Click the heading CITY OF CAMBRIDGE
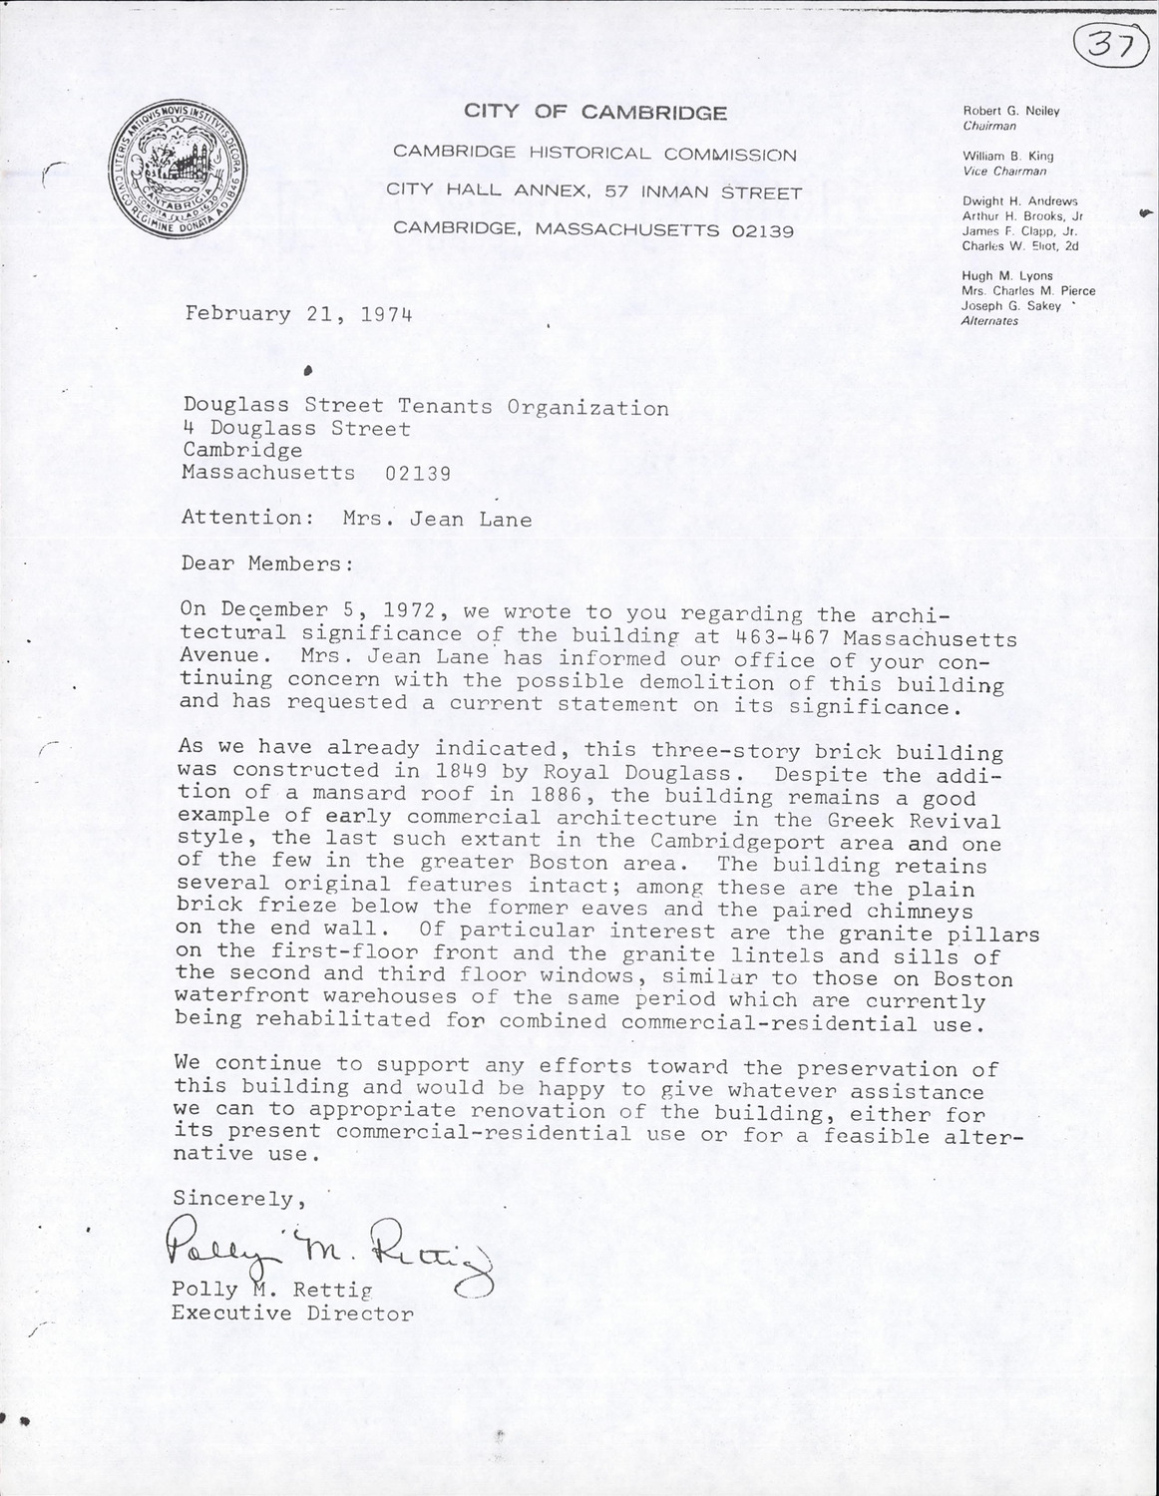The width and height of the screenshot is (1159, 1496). tap(594, 113)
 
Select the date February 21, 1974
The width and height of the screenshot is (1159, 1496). tap(298, 314)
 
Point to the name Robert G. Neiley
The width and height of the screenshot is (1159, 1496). tap(1011, 112)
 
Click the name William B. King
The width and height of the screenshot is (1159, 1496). tap(1007, 157)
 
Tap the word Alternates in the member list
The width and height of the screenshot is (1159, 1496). tap(989, 321)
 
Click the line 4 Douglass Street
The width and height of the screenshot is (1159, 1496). tap(296, 429)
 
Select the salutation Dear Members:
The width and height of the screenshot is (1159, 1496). tap(267, 563)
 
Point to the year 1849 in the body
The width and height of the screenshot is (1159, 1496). tap(406, 771)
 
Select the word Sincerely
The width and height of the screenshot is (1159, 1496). tap(233, 1198)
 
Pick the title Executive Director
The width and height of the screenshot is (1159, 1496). tap(292, 1312)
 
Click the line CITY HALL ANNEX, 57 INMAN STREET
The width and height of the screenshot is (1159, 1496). tap(594, 192)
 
